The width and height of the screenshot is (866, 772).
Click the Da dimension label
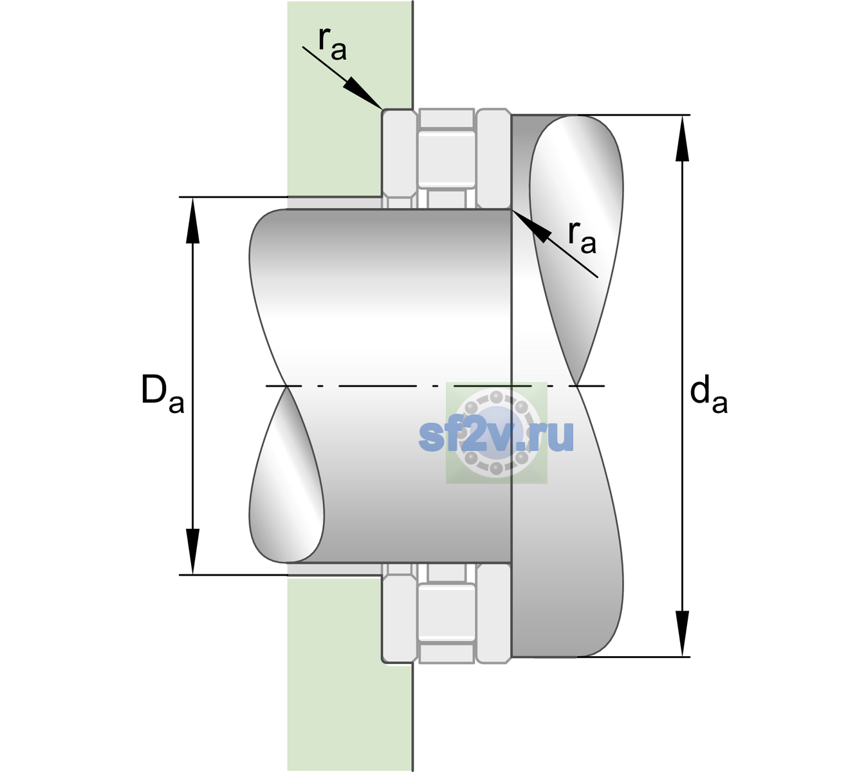tap(162, 394)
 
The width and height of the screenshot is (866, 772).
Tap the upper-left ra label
tap(332, 44)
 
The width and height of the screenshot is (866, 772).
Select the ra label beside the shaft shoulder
tap(582, 238)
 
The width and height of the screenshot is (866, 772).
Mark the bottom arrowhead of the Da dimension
tap(193, 551)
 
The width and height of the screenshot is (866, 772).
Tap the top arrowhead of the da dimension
tap(682, 138)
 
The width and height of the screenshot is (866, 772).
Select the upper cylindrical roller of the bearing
tap(447, 160)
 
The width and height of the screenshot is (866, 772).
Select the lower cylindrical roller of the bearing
tap(447, 612)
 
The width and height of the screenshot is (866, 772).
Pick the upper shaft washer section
tap(493, 159)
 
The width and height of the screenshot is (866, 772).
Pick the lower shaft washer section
tap(493, 613)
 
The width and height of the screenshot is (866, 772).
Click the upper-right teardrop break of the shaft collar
tap(576, 239)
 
